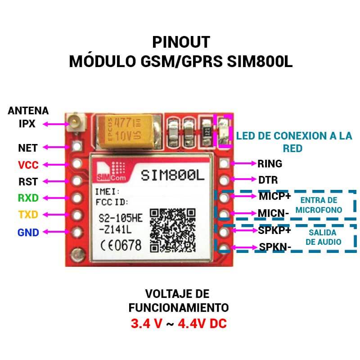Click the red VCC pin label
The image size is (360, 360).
[28, 165]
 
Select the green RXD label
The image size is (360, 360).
[28, 198]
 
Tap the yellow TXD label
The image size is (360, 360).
[28, 215]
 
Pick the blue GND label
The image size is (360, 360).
[28, 232]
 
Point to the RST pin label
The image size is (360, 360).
[28, 182]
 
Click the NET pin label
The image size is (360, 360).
[28, 148]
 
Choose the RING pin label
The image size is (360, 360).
[270, 164]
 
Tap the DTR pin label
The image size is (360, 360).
[268, 180]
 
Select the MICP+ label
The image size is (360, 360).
[275, 196]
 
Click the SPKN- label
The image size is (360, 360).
[275, 247]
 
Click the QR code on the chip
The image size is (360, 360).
[173, 230]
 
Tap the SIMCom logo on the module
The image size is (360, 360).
[111, 171]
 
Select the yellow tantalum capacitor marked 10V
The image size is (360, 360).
[125, 131]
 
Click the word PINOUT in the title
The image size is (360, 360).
[181, 42]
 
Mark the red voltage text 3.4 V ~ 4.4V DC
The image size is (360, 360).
[179, 324]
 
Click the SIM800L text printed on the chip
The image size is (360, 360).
[172, 175]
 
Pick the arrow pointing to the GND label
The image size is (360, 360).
[56, 232]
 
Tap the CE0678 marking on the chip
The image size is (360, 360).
[121, 245]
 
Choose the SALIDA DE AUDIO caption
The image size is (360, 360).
[323, 237]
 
